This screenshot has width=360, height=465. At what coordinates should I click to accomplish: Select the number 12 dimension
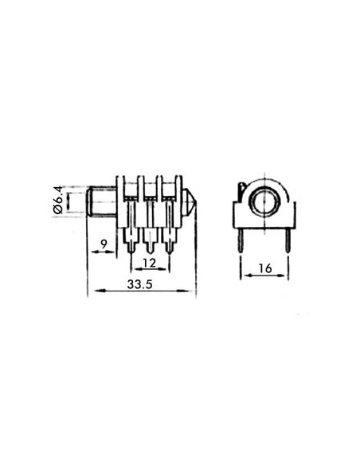pyautogui.click(x=149, y=263)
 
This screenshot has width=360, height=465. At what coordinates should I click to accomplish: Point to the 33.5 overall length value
pyautogui.click(x=141, y=284)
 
